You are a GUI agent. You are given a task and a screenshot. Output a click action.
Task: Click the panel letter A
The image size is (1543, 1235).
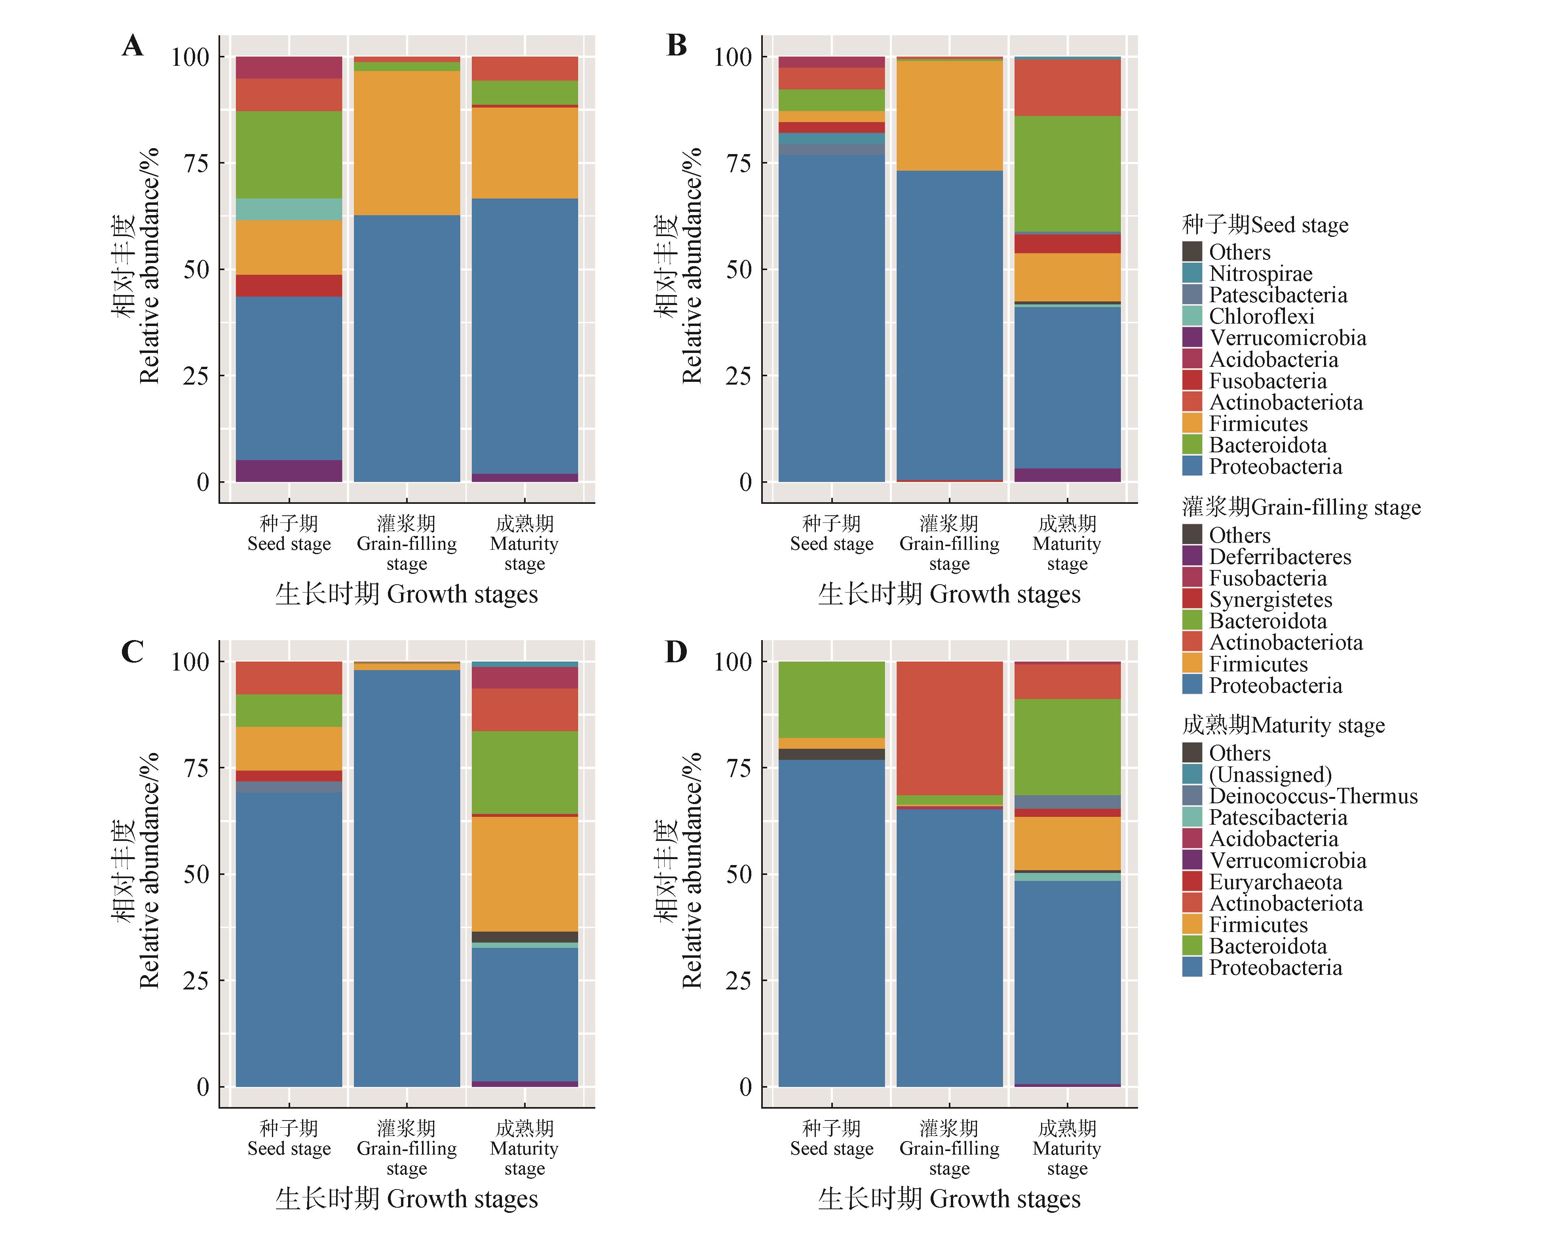(x=132, y=46)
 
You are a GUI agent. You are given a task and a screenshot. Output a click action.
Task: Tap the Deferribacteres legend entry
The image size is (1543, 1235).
(x=1280, y=556)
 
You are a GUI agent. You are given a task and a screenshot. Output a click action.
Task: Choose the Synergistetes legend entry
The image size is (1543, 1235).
(x=1270, y=599)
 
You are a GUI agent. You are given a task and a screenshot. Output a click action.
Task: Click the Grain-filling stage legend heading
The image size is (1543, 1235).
(x=1301, y=507)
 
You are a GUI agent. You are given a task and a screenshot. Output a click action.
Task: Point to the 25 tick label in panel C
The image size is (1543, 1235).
(x=196, y=981)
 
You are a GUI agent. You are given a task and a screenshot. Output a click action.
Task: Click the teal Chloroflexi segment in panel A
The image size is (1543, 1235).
(x=289, y=209)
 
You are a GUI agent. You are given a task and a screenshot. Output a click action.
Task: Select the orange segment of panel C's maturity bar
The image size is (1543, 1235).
(x=524, y=873)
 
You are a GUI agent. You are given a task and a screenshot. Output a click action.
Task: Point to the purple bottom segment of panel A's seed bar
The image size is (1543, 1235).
(x=289, y=471)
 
